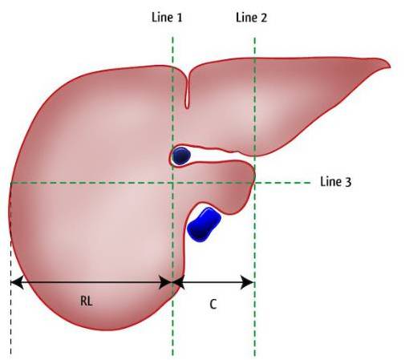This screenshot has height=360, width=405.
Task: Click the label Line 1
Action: pyautogui.click(x=167, y=18)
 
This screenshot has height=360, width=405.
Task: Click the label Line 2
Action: pyautogui.click(x=251, y=18)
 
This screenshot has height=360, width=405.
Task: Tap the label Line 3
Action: pyautogui.click(x=336, y=182)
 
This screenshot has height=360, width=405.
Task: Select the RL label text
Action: pyautogui.click(x=87, y=301)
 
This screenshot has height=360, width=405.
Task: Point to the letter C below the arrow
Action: pyautogui.click(x=213, y=304)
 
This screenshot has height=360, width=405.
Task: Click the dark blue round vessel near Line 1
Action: pyautogui.click(x=181, y=156)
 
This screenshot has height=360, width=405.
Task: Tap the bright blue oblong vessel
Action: pyautogui.click(x=204, y=224)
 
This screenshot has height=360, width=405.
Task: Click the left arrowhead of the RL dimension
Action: pyautogui.click(x=17, y=282)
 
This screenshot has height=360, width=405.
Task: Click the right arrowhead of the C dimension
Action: pyautogui.click(x=247, y=282)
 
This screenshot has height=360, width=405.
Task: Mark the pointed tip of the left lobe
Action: pyautogui.click(x=390, y=65)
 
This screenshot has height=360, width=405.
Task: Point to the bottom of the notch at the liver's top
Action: pyautogui.click(x=188, y=107)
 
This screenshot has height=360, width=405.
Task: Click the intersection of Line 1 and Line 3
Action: pyautogui.click(x=172, y=183)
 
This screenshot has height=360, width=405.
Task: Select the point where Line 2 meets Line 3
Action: pyautogui.click(x=255, y=183)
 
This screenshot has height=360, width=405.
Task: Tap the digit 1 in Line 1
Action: pyautogui.click(x=180, y=18)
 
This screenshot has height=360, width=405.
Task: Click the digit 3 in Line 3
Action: pyautogui.click(x=348, y=182)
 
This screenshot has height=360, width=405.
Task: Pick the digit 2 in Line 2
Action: pyautogui.click(x=264, y=18)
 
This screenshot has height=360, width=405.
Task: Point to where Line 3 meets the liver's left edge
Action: pyautogui.click(x=10, y=183)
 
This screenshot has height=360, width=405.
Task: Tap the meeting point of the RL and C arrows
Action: pyautogui.click(x=172, y=282)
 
